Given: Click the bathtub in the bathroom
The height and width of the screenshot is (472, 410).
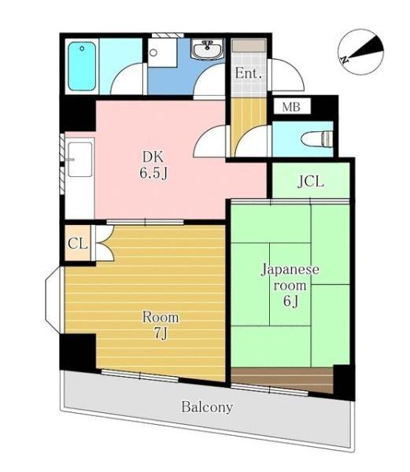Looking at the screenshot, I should click(x=81, y=65).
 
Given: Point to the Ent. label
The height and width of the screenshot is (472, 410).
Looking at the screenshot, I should click(x=248, y=73).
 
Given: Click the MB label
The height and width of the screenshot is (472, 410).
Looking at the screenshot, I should click(x=291, y=105).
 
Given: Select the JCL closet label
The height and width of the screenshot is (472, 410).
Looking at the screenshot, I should click(x=311, y=182).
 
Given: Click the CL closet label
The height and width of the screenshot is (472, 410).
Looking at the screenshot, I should click(x=77, y=243).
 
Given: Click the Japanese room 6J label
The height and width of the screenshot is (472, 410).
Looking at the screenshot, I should click(x=290, y=285).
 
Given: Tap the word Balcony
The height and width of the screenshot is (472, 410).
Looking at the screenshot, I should click(x=207, y=407).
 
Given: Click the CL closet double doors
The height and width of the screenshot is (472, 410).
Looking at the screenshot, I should click(x=102, y=243).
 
